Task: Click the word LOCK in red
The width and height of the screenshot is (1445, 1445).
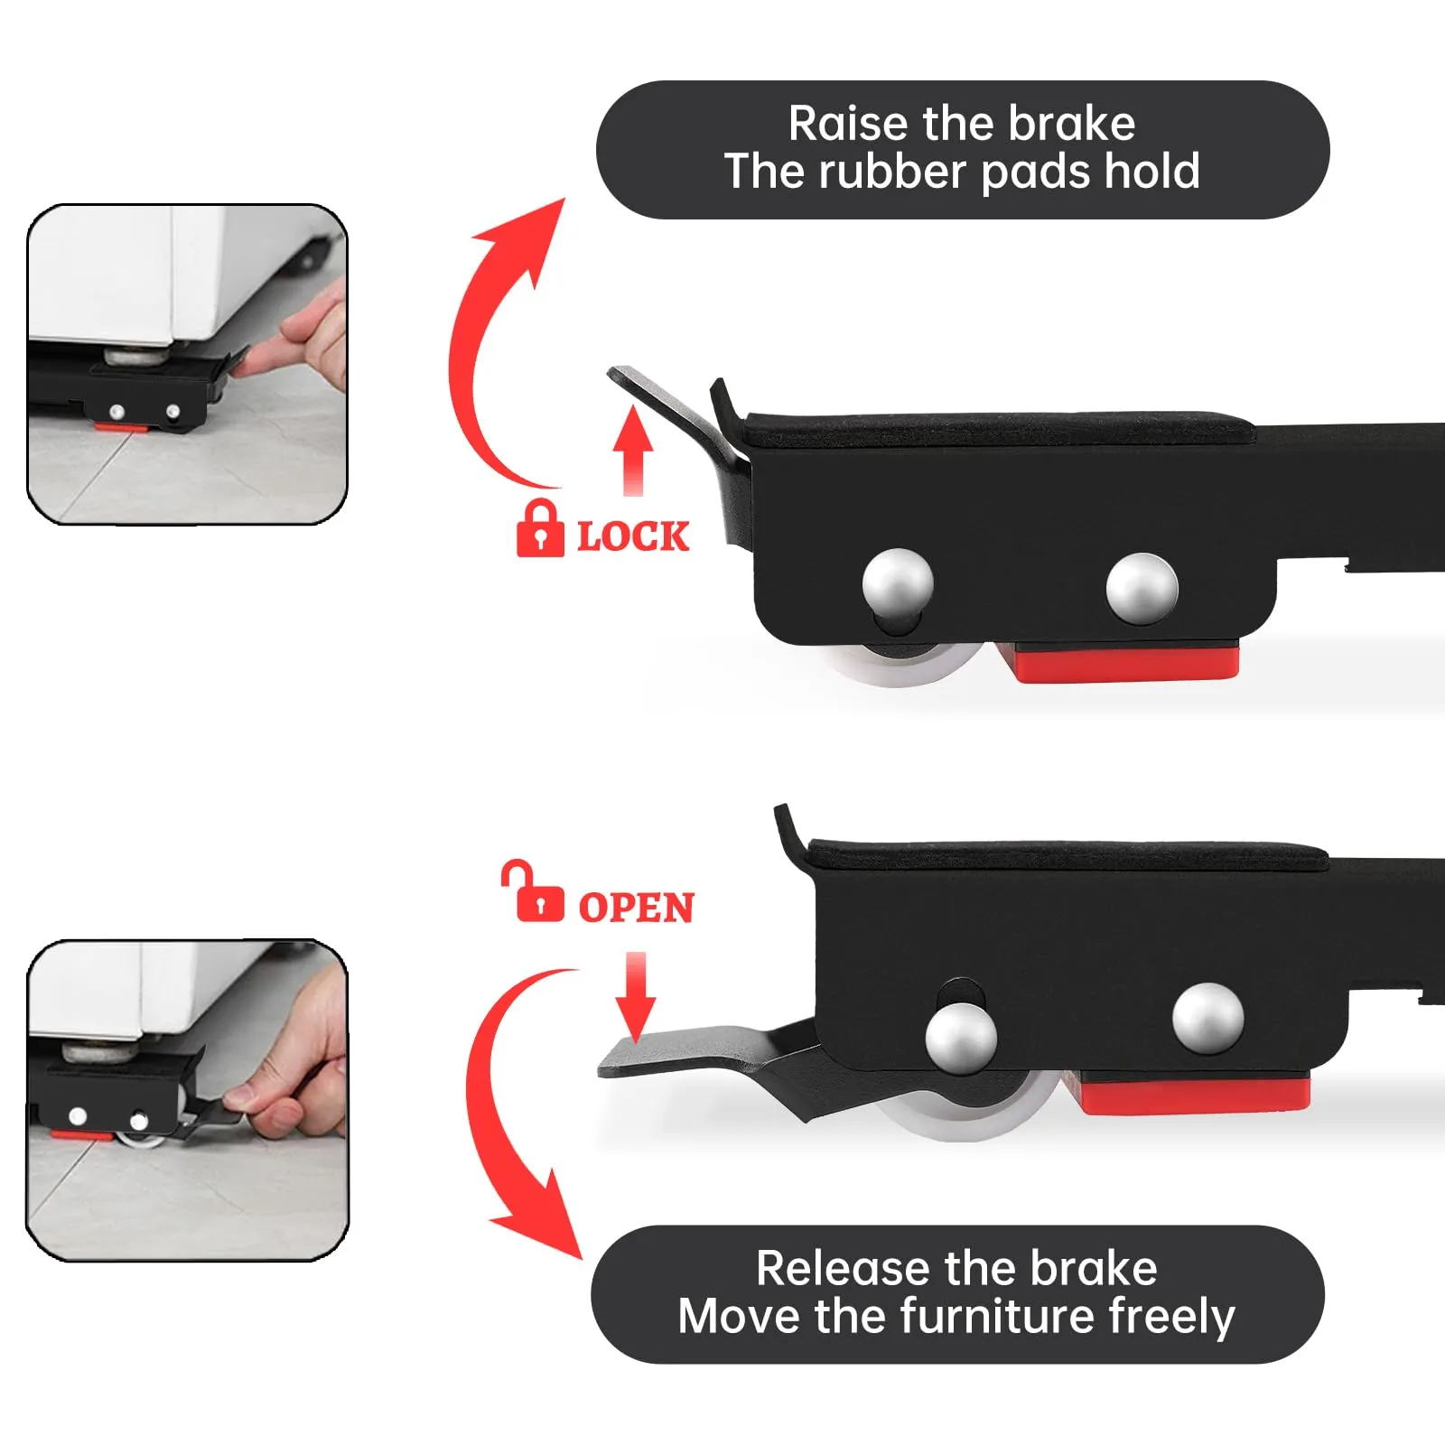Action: coord(633,536)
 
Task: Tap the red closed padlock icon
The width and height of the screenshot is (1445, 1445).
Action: coord(540,528)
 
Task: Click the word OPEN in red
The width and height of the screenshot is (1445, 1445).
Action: coord(637,908)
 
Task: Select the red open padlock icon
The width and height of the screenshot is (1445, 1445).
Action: coord(533,890)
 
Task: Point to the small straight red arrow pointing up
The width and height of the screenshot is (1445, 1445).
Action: coord(633,450)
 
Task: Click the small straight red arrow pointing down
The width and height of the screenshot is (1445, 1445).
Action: coord(636,996)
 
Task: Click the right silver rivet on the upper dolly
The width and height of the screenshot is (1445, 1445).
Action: coord(1142,588)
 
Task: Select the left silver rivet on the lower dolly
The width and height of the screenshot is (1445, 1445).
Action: coord(961,1037)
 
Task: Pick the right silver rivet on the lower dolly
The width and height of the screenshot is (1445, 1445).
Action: coord(1208,1019)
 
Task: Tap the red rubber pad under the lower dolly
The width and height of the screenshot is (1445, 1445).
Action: coord(1190,1093)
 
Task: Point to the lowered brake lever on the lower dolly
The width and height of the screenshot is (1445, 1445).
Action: coord(713,1061)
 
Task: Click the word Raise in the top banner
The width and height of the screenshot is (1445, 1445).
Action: coord(848,124)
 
